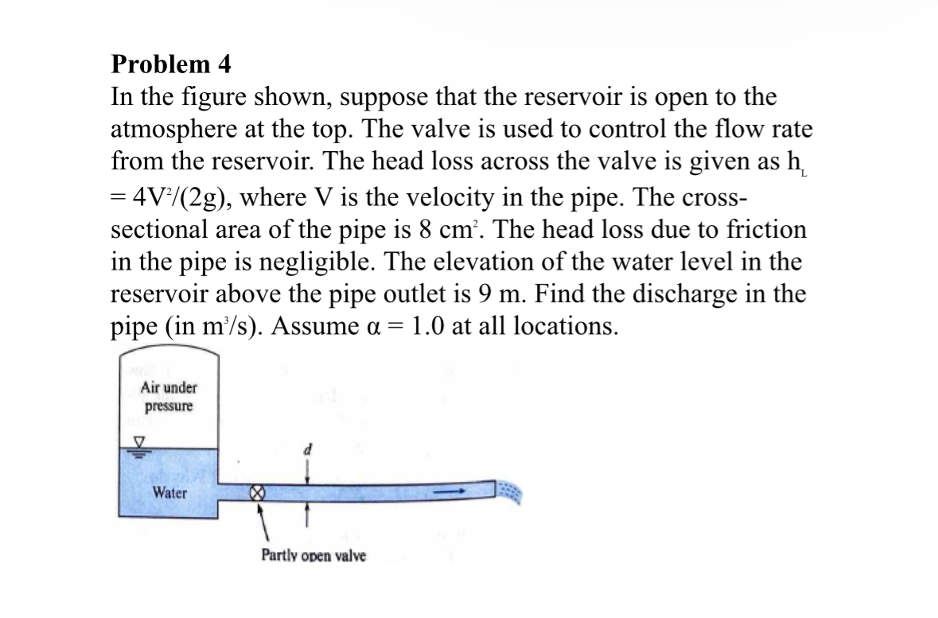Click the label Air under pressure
coord(169,396)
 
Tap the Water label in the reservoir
coord(170,492)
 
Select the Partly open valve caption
coord(313,556)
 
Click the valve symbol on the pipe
coord(257,493)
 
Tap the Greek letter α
coord(497,328)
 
